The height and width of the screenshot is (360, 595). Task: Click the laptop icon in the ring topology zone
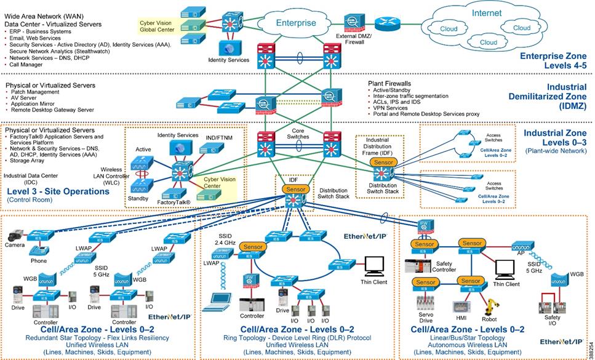pyautogui.click(x=217, y=301)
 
